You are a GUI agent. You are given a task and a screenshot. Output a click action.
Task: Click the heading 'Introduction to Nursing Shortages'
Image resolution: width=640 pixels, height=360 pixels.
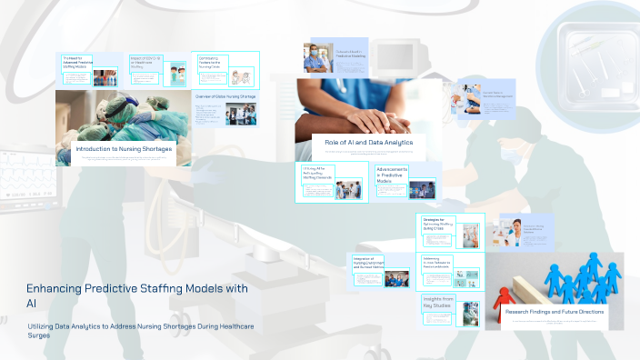[123, 148]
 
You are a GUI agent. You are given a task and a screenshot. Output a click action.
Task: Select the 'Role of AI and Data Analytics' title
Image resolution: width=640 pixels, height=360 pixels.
[368, 143]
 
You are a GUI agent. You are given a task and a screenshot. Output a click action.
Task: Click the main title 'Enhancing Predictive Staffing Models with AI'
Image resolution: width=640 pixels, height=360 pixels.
[136, 294]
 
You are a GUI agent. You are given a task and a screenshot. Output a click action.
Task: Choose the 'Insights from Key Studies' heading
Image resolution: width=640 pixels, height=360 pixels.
[437, 301]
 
